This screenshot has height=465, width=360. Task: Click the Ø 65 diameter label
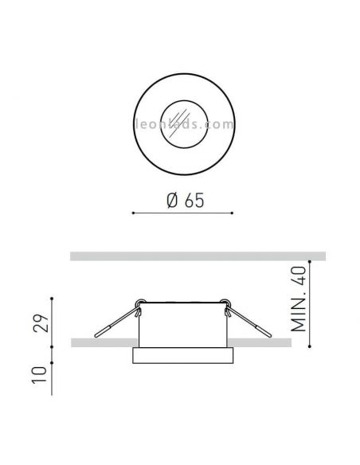pos(182,201)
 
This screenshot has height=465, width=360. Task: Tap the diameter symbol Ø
pos(171,201)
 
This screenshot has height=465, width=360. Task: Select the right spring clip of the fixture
pos(248,322)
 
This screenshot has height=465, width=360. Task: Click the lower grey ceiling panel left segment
pos(99,342)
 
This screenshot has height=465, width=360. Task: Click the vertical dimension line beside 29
pos(53,322)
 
